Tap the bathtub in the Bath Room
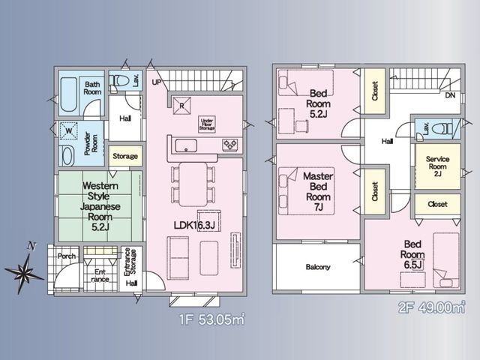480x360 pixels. point(68,94)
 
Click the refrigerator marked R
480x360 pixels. point(181,106)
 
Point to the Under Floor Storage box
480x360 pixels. point(207,124)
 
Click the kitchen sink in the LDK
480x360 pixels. point(186,145)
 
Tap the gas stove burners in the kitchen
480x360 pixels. point(229,145)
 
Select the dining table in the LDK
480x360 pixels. point(193,184)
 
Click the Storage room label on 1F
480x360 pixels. point(125,156)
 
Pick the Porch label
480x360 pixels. point(67,256)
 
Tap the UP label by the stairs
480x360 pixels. point(157,82)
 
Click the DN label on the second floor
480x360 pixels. point(450,95)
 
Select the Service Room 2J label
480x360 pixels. point(438,166)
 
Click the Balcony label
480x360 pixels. point(318,267)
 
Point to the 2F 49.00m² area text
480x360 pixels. point(432,307)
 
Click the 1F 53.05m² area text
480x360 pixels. point(211,319)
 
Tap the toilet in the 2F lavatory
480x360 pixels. point(442,128)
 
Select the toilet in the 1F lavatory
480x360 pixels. point(120,81)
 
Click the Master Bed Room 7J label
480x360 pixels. point(318,192)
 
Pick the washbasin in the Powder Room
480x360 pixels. point(67,155)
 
